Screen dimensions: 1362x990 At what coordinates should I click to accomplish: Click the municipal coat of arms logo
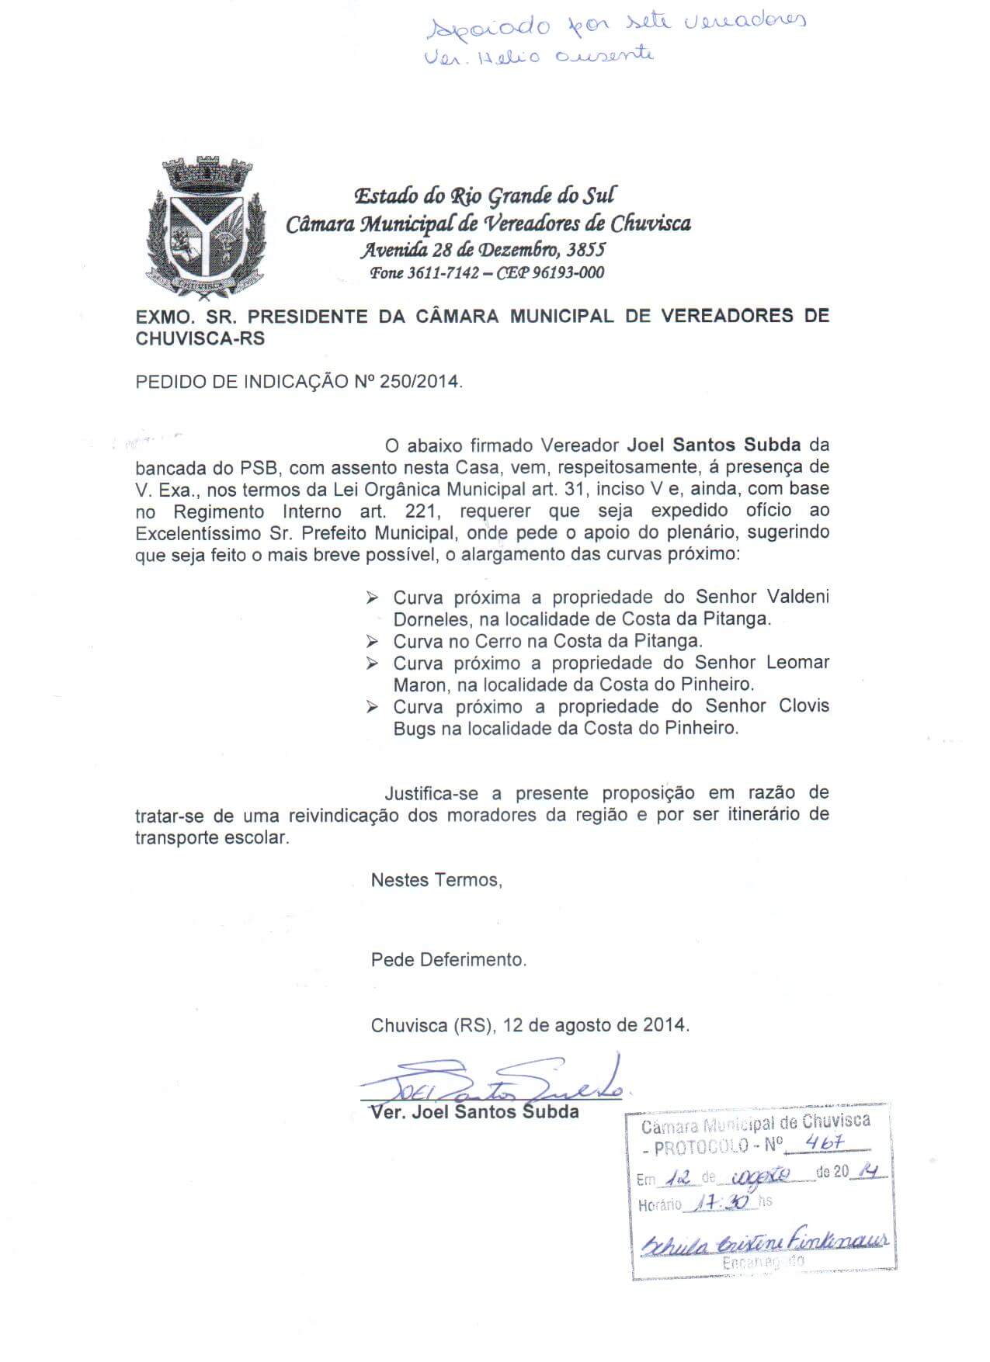point(206,230)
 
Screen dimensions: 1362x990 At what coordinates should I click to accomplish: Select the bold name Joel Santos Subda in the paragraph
point(714,445)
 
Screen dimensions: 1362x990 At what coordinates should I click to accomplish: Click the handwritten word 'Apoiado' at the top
point(488,28)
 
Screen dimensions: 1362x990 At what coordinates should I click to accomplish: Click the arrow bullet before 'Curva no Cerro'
point(373,642)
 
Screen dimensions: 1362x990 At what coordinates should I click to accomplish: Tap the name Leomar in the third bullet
point(798,663)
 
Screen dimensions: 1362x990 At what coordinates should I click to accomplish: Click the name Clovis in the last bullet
point(803,706)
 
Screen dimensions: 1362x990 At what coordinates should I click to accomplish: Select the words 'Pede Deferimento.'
point(449,960)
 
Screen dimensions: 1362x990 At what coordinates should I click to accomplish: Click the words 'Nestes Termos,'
point(436,880)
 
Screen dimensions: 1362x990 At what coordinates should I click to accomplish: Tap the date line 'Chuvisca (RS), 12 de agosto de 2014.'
point(530,1025)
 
